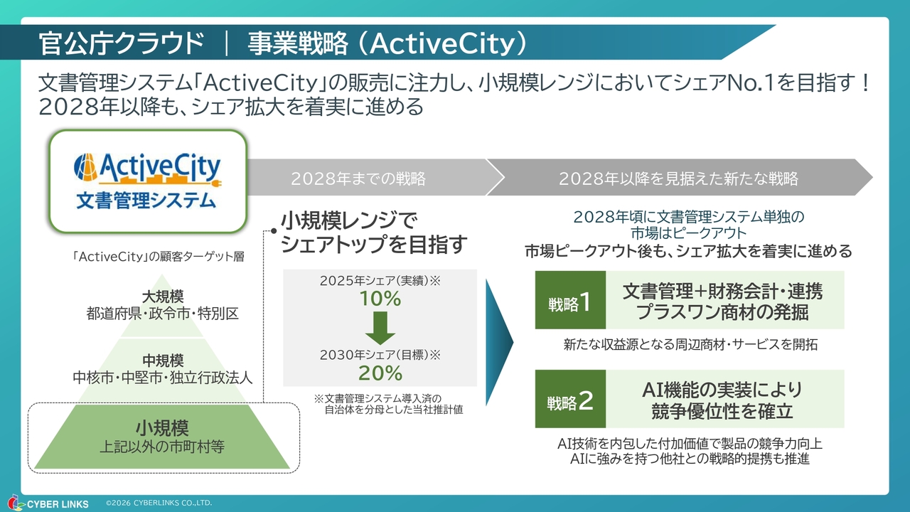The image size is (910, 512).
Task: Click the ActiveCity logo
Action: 147,181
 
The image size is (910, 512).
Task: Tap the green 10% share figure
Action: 380,299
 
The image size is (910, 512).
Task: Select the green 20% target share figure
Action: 380,373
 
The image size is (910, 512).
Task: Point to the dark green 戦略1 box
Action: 570,300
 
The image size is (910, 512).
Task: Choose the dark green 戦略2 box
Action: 570,399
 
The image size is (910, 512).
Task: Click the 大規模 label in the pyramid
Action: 163,297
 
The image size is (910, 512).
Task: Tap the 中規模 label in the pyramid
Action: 163,361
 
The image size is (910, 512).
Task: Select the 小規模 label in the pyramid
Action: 162,428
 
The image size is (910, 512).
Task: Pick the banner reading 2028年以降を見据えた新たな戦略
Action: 678,178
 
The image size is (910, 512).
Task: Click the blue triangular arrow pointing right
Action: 500,342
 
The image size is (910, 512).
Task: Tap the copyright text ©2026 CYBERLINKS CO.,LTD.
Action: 159,503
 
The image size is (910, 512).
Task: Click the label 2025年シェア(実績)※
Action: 380,280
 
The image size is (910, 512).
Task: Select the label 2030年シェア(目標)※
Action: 380,355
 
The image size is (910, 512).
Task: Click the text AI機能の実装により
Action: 722,390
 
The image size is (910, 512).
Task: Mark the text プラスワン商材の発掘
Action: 722,312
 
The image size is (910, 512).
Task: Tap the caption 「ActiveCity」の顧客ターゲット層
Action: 158,257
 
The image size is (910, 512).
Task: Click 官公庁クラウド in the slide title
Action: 121,43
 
